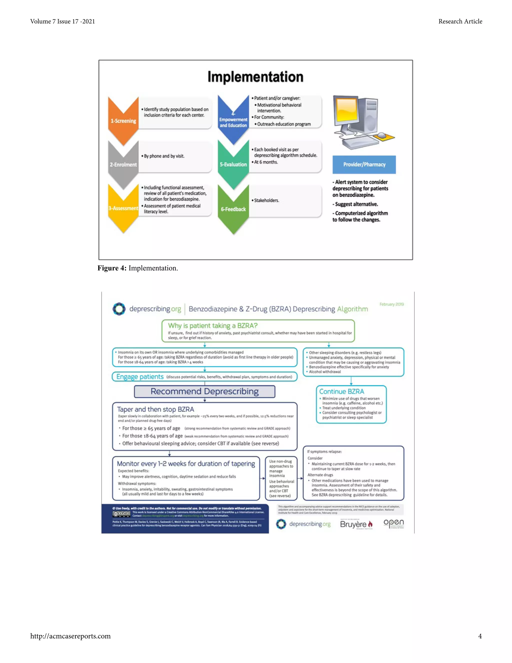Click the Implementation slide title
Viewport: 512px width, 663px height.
[255, 77]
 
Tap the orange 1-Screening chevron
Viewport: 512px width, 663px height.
[123, 121]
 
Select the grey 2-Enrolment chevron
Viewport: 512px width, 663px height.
[123, 164]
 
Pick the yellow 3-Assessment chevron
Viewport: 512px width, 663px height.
[123, 208]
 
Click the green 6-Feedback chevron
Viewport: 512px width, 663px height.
[233, 209]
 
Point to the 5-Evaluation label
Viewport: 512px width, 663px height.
[233, 164]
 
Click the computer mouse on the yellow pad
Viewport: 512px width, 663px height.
[382, 135]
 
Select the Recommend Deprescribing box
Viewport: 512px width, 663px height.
[205, 391]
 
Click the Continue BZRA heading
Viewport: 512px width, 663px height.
[341, 392]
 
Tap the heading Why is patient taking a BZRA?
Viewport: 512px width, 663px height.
[213, 326]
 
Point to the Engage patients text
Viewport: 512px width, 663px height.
[140, 377]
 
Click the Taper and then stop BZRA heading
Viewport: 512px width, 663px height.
[155, 409]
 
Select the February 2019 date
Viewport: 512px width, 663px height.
[391, 304]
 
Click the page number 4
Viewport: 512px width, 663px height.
[480, 636]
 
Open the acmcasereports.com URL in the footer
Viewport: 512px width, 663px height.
[70, 636]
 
